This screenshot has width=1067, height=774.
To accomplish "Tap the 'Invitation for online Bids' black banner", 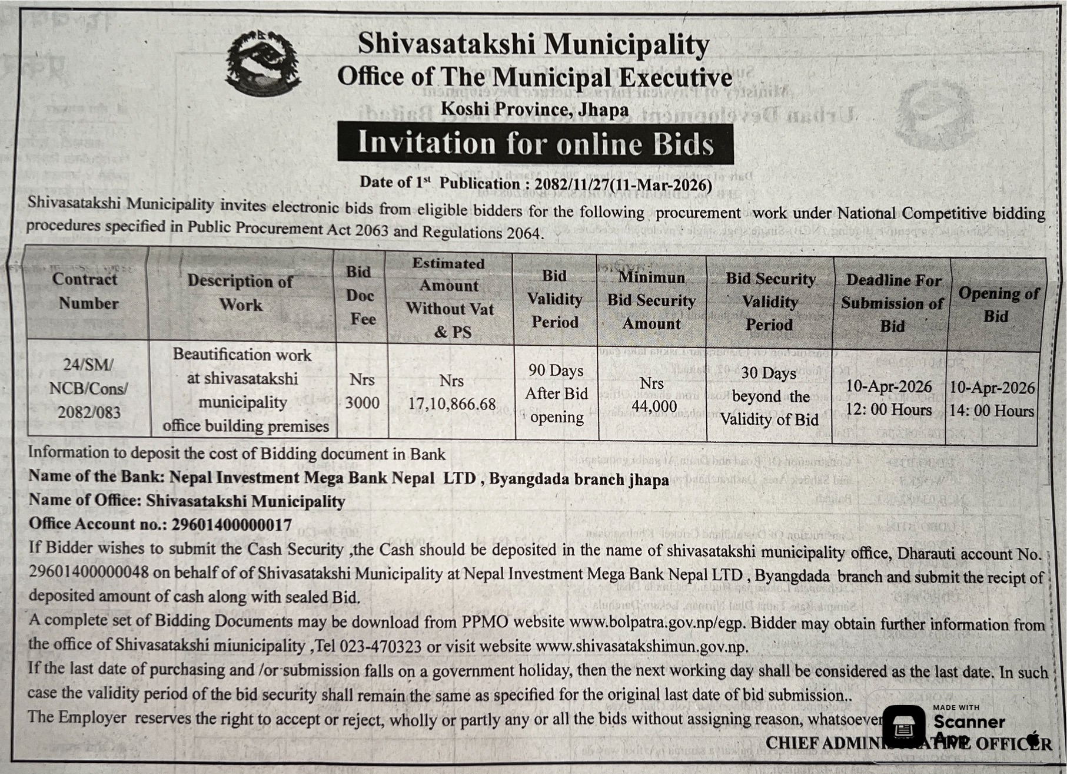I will click(x=535, y=143).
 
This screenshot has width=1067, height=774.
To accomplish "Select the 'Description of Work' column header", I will click(x=240, y=293).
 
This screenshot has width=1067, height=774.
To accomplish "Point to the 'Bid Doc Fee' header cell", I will click(x=361, y=295).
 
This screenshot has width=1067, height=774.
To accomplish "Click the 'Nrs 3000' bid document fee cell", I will click(x=362, y=391).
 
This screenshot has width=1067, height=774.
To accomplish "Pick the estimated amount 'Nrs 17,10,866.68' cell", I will click(x=451, y=392).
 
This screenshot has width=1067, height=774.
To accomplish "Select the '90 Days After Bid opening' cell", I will click(x=556, y=393).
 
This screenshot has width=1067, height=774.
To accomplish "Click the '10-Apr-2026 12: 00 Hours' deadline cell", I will click(x=889, y=398).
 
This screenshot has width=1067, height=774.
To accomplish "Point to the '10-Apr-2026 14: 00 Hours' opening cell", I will click(x=992, y=399).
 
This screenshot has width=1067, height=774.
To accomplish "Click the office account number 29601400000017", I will click(x=231, y=524).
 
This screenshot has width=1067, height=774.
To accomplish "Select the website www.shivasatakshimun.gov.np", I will click(x=641, y=646).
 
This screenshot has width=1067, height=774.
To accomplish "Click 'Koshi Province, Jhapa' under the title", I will click(x=534, y=109).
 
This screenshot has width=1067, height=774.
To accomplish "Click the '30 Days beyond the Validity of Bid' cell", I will click(x=769, y=396).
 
